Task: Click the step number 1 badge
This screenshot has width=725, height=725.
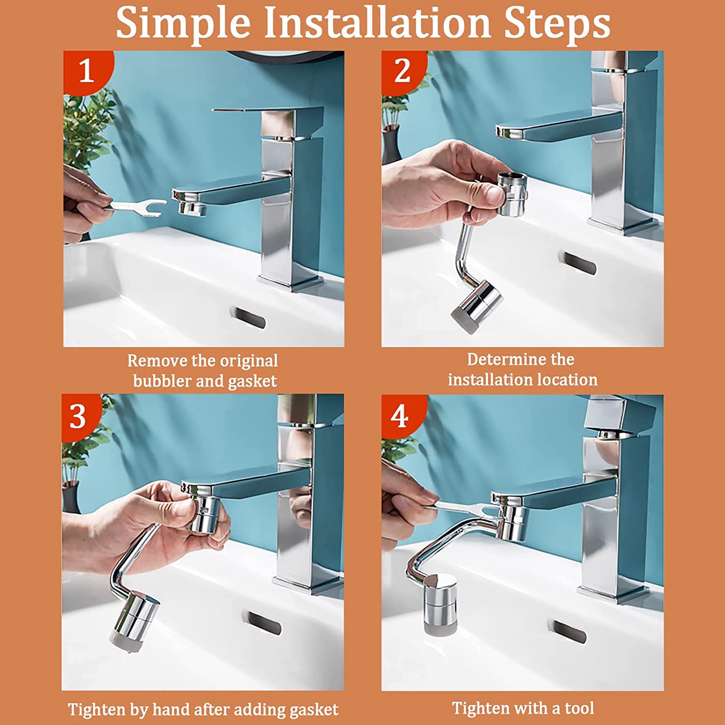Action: point(86,71)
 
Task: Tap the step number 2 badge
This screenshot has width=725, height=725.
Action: point(402,71)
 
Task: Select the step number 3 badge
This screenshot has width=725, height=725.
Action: point(78,416)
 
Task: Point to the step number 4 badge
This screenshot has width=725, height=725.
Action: point(400,416)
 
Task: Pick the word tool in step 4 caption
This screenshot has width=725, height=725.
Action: point(579,708)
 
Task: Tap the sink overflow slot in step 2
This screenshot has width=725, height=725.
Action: point(578,263)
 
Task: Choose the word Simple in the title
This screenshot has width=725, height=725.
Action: point(184,23)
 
